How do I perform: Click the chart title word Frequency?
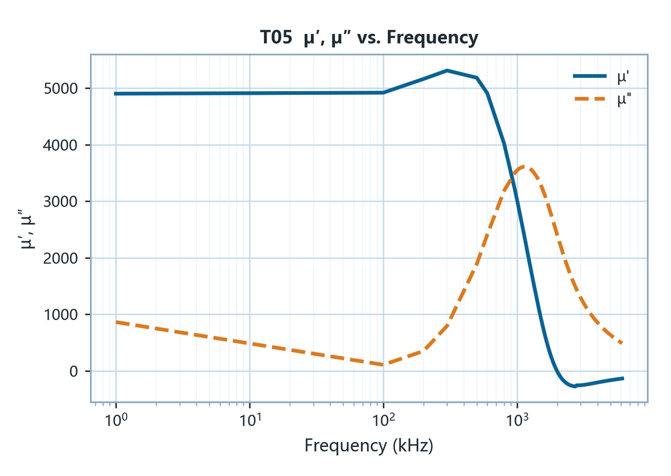432,39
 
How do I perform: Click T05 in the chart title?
276,37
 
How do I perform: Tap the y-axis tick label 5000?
61,89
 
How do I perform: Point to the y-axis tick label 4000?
61,145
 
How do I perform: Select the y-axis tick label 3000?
61,202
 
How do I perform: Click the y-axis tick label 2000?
61,258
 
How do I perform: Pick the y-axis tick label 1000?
61,315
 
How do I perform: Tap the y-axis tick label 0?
74,372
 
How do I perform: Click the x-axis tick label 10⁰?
116,420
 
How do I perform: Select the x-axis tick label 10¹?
250,420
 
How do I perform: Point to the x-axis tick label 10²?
384,420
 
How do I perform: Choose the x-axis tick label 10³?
517,420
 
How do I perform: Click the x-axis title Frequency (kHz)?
369,446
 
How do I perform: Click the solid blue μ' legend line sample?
590,76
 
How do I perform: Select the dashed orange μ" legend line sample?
590,99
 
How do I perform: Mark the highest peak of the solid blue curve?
447,70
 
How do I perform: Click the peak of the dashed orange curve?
523,167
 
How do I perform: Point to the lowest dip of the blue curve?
575,386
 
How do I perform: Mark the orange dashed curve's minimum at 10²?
384,365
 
